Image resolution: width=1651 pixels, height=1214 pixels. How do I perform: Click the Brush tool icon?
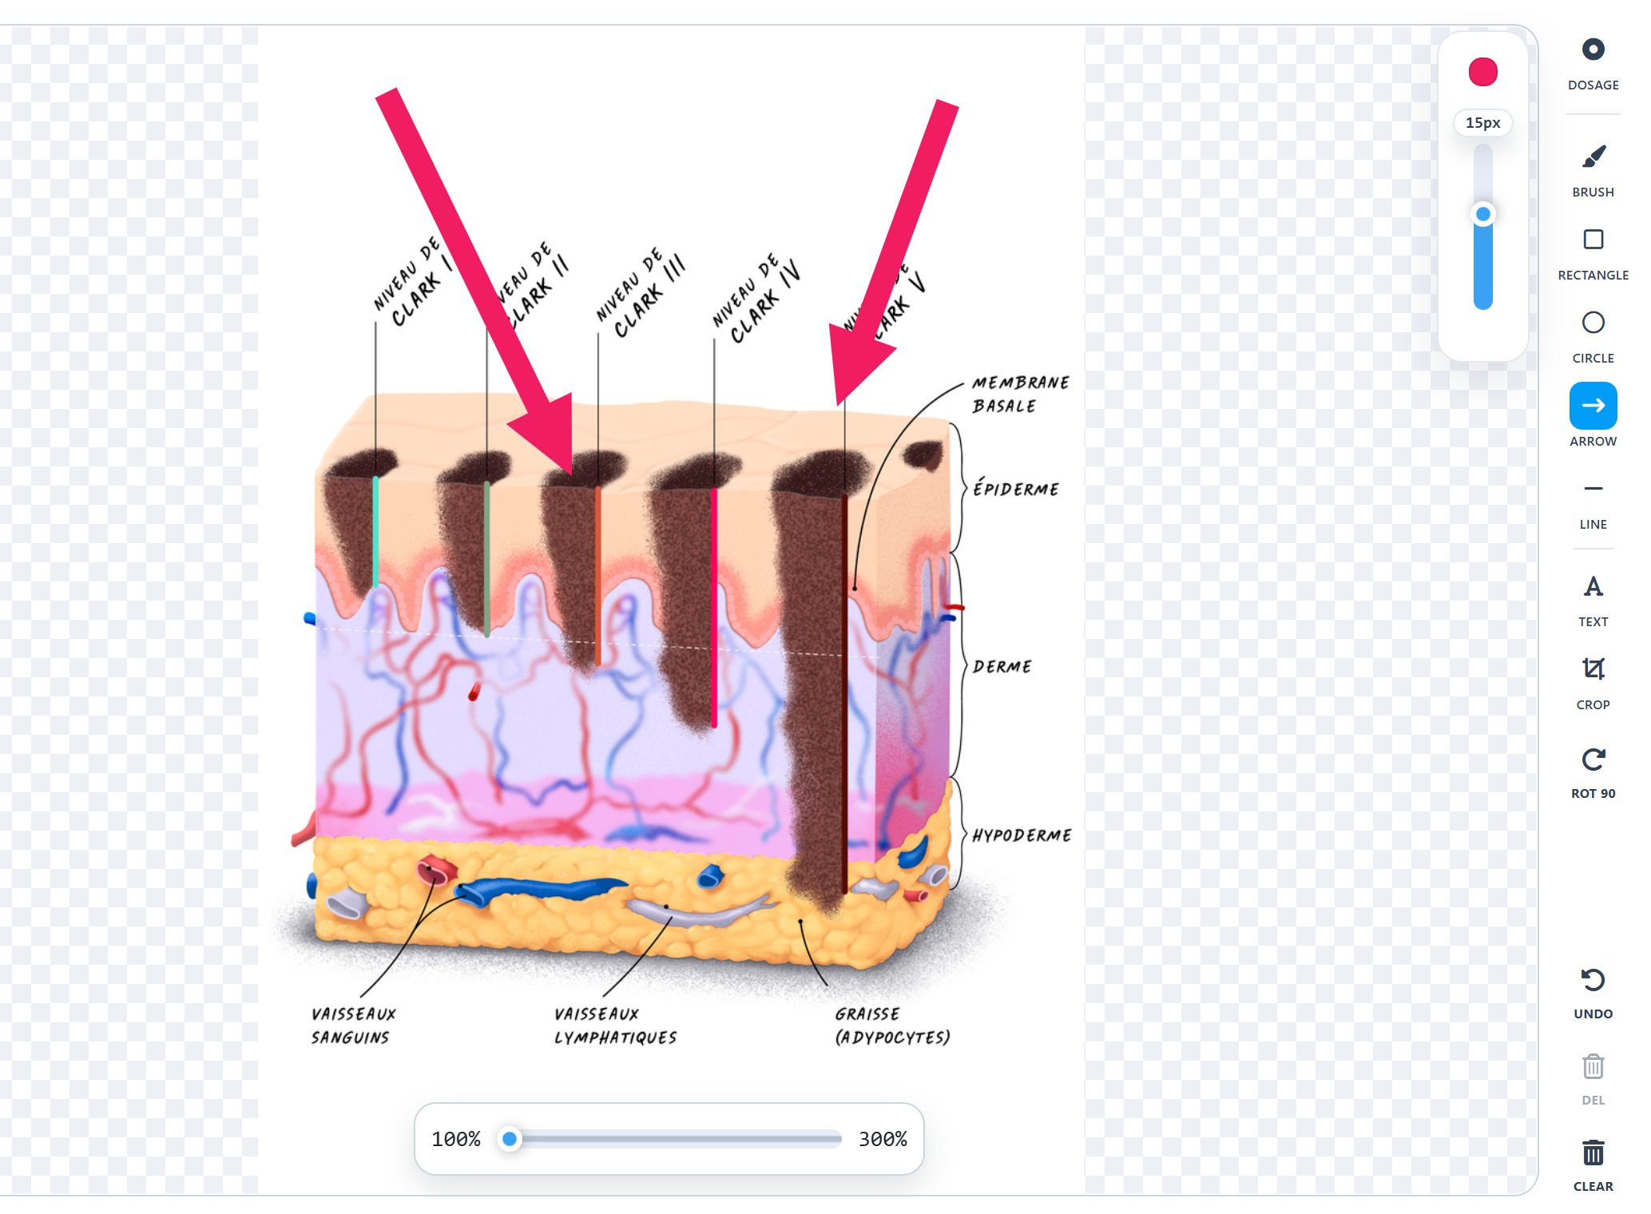click(1593, 157)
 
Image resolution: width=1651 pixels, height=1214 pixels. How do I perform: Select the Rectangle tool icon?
click(1593, 240)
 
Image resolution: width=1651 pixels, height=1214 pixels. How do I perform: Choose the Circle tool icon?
click(1593, 323)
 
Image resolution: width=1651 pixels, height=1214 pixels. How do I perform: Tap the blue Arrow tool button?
click(1593, 406)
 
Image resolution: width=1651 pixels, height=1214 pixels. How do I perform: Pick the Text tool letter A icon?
click(1593, 587)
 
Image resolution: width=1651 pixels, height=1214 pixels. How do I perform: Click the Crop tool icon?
click(1593, 669)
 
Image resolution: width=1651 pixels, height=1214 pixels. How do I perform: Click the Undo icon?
click(1593, 980)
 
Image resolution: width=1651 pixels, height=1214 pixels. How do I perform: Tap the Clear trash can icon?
click(1593, 1153)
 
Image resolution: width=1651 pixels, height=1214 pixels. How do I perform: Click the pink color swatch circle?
click(1482, 72)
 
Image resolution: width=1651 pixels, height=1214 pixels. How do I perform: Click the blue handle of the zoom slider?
click(510, 1139)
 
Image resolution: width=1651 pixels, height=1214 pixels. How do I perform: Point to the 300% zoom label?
click(882, 1139)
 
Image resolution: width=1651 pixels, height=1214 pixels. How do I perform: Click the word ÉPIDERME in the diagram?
click(1016, 489)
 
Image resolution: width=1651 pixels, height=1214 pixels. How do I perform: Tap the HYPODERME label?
click(1022, 835)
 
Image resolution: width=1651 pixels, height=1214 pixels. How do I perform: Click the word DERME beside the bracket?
click(1002, 667)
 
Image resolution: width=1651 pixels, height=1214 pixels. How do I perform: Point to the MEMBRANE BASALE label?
click(1018, 395)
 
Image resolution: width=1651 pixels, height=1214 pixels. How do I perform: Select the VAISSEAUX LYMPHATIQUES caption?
click(615, 1026)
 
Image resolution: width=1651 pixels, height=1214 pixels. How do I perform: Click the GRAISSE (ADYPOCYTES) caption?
click(892, 1026)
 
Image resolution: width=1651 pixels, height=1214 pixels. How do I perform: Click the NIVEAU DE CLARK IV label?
click(755, 300)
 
